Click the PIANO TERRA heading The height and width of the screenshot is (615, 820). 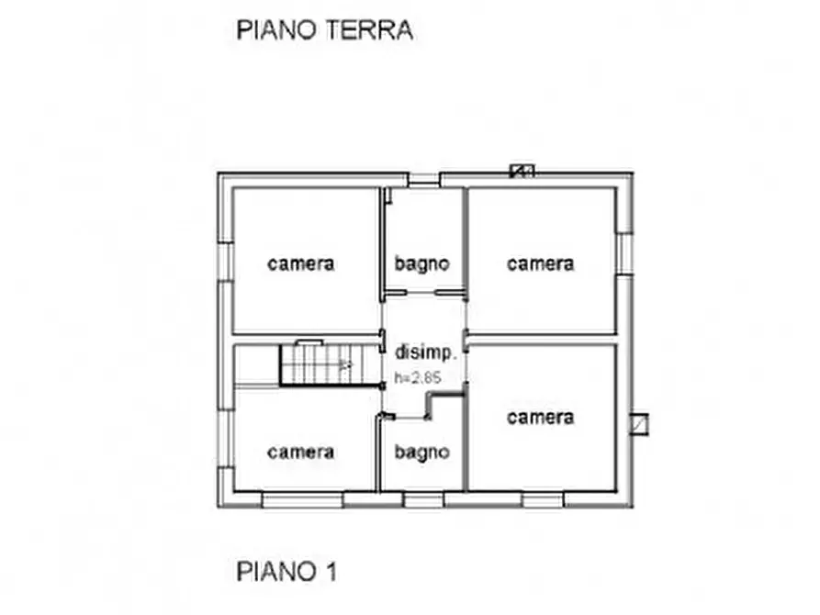click(x=324, y=29)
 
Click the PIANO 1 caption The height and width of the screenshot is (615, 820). click(x=286, y=572)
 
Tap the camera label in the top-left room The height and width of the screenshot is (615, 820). click(x=301, y=264)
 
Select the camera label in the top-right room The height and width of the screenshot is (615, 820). click(x=541, y=264)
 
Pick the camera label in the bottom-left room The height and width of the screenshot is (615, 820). click(x=301, y=453)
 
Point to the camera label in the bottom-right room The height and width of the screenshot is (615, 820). click(x=541, y=418)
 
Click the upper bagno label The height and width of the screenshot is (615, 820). click(x=422, y=264)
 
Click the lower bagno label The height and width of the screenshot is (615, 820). click(x=422, y=453)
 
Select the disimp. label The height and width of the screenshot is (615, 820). click(x=425, y=352)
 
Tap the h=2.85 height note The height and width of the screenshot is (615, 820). click(x=419, y=376)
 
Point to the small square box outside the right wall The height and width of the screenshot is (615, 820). click(x=639, y=424)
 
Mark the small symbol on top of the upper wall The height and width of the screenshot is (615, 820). click(x=522, y=170)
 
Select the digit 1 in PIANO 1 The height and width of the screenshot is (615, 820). click(x=330, y=572)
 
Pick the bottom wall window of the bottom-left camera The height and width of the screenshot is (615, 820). click(x=302, y=500)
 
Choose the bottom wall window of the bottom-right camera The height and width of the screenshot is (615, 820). click(x=542, y=500)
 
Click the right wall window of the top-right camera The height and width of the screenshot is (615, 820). click(x=624, y=252)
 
